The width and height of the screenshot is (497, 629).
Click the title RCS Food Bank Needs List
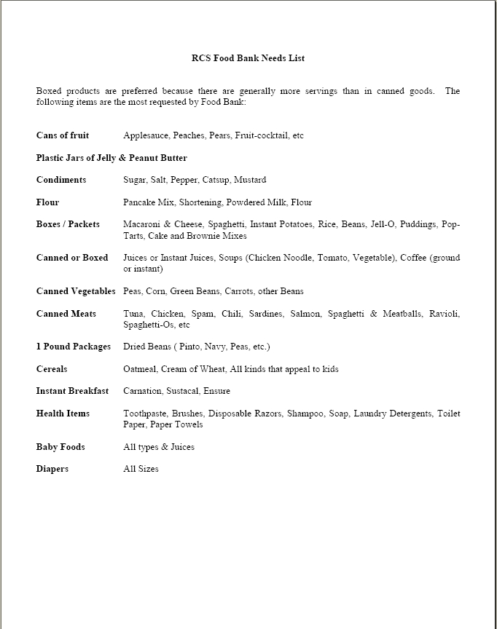coord(248,58)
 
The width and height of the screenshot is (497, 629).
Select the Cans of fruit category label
coord(63,135)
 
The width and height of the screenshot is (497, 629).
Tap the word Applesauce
coord(146,135)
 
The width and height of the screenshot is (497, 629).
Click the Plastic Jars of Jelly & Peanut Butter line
coord(111,158)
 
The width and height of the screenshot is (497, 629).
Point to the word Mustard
coord(250,180)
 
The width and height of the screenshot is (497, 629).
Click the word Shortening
coord(200,202)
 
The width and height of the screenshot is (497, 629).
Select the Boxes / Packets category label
coord(68,224)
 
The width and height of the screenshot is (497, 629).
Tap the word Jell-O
coord(383,224)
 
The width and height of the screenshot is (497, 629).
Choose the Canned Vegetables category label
coord(76,291)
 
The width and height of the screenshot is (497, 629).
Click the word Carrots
coord(238,291)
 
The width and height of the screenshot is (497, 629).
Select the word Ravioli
coord(445,314)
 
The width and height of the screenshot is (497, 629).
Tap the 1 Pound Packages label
coord(74,347)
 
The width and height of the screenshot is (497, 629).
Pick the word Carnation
coord(142,391)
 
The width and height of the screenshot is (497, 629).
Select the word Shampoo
coord(305,414)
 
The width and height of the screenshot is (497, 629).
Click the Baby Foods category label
coord(60,447)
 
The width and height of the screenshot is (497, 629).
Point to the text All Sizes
coord(141,469)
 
